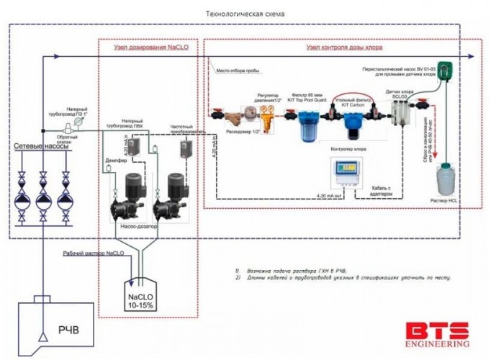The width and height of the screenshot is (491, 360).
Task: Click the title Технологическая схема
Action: click(x=244, y=14)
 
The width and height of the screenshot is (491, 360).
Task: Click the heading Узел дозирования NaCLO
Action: click(x=148, y=48)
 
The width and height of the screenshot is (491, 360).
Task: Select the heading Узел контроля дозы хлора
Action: click(x=343, y=48)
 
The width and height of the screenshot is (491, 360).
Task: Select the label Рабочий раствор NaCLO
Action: click(x=93, y=255)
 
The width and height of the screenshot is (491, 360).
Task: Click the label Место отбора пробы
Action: click(x=238, y=72)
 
